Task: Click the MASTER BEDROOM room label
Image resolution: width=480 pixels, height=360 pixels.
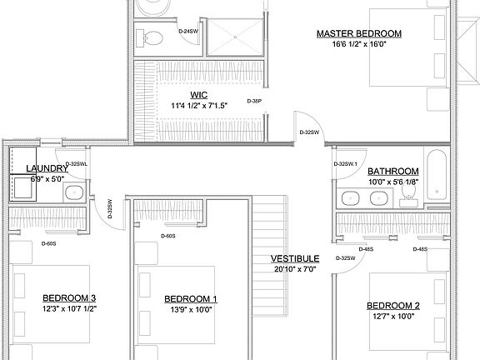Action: [358, 34]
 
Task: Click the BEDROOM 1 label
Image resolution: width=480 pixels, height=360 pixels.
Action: [190, 298]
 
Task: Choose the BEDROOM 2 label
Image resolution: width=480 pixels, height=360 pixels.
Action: [392, 305]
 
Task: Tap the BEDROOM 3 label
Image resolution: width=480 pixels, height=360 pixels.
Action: [70, 298]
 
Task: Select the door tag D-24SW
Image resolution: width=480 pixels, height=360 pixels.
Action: [188, 32]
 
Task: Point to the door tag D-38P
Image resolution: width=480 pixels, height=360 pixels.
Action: [255, 101]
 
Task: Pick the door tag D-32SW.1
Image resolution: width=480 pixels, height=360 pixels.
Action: [346, 164]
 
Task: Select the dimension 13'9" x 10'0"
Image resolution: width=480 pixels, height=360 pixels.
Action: [190, 309]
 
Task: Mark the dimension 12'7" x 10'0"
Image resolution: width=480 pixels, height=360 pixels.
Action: [392, 316]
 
